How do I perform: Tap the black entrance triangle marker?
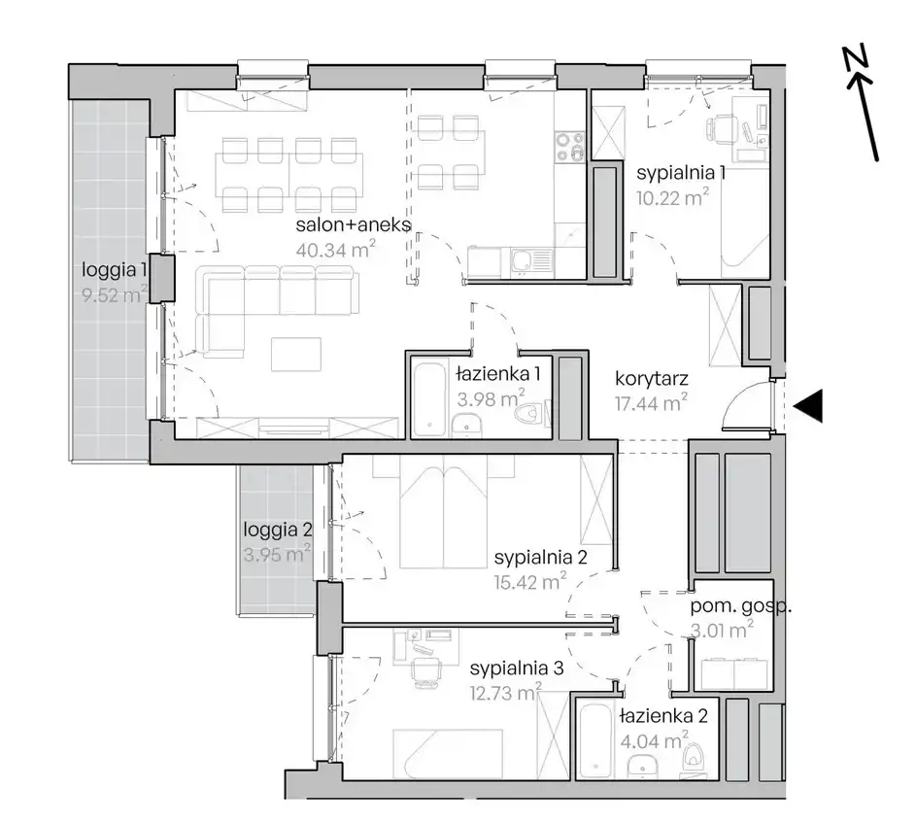click(x=808, y=405)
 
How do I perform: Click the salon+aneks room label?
click(x=354, y=225)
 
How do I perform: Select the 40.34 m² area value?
click(x=335, y=250)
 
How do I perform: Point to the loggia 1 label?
click(x=115, y=269)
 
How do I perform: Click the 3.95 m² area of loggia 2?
click(x=277, y=553)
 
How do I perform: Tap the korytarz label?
click(x=652, y=379)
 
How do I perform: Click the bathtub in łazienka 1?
click(x=429, y=400)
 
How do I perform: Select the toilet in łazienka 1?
click(x=531, y=415)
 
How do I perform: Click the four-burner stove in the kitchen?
click(x=569, y=147)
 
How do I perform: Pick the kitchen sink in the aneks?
click(x=530, y=260)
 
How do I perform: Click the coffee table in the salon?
click(x=296, y=355)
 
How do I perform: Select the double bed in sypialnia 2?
click(x=444, y=513)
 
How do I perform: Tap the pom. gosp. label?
click(x=741, y=606)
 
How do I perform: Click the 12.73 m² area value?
click(x=506, y=693)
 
